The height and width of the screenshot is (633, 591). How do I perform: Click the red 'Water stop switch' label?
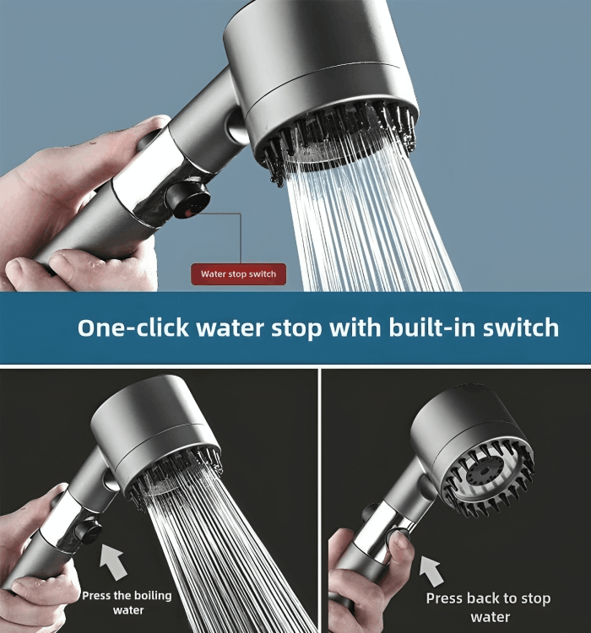pyautogui.click(x=238, y=274)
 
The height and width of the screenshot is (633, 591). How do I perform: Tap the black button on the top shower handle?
pyautogui.click(x=188, y=200)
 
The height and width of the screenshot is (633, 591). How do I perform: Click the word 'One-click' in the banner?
pyautogui.click(x=133, y=327)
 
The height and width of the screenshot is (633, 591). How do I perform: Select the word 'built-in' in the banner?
pyautogui.click(x=431, y=327)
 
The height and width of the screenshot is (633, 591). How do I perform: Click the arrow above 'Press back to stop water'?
pyautogui.click(x=431, y=571)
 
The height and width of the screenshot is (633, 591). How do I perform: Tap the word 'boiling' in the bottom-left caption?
pyautogui.click(x=153, y=596)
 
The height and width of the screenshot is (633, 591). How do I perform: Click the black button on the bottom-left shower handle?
pyautogui.click(x=88, y=531)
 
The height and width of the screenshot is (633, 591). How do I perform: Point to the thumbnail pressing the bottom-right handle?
pyautogui.click(x=400, y=539)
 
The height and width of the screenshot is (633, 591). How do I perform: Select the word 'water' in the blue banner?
pyautogui.click(x=230, y=328)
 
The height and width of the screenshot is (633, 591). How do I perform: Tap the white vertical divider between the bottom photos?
pyautogui.click(x=320, y=500)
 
